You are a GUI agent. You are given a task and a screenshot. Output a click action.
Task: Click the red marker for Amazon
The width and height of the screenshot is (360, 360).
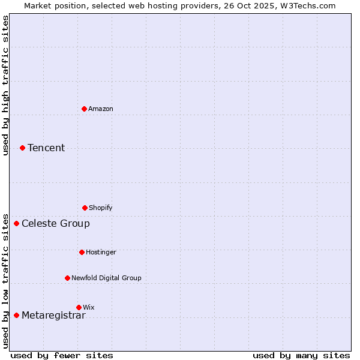pos(84,109)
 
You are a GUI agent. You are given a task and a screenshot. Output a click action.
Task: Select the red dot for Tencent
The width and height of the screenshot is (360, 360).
pos(22,148)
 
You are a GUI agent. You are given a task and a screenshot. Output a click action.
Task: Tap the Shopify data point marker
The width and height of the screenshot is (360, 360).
pos(85,208)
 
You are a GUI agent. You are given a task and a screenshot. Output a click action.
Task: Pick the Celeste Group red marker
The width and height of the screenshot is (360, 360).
pos(16,223)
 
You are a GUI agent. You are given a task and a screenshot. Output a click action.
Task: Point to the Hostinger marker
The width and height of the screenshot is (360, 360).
pos(82,252)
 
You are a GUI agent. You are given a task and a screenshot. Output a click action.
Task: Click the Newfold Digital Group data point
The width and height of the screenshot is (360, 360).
pos(67,278)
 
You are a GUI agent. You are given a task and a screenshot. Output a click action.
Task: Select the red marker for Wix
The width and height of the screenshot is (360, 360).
pos(79,307)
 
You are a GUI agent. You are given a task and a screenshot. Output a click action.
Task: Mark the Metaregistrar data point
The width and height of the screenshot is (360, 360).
pos(16,315)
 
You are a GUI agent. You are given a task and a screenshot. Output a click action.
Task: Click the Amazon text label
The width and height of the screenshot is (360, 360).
pos(101,109)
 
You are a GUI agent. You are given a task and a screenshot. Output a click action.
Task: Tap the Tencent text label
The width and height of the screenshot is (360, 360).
pos(46,148)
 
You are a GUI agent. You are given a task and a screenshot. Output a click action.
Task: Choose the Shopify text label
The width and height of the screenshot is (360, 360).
pos(101,208)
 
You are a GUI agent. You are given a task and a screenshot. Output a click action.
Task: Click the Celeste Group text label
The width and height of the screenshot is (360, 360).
pos(56,223)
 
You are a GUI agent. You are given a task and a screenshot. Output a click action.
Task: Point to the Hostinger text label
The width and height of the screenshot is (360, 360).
pos(101,252)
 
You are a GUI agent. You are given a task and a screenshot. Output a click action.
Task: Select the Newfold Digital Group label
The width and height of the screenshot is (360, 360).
pos(106,278)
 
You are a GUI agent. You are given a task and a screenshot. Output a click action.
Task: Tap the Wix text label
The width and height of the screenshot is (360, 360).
pos(89,307)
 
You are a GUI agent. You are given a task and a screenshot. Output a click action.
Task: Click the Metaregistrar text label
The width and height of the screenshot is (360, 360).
pos(53,316)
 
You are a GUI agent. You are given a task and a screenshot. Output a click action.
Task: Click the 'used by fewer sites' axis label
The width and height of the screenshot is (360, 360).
pos(62,355)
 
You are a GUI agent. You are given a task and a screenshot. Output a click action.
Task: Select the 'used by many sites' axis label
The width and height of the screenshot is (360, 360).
pos(301,355)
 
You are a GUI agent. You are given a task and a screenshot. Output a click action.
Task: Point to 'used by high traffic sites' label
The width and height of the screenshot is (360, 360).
pos(5,85)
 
